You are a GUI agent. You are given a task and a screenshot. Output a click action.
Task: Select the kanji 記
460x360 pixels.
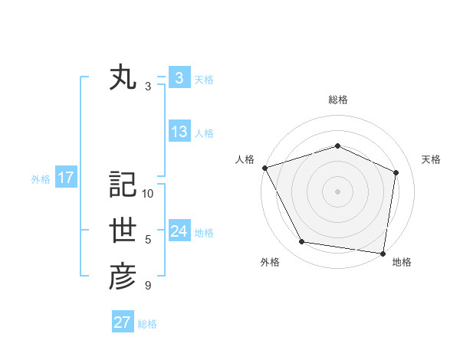123,184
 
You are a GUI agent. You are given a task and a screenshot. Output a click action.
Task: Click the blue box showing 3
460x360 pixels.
179,77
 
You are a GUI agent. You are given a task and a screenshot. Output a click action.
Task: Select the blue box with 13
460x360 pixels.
179,132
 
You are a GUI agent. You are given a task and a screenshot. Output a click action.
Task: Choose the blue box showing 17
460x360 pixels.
66,178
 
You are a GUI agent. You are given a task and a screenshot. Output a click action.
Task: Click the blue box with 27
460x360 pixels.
123,322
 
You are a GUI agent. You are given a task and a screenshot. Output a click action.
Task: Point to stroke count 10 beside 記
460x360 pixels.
148,193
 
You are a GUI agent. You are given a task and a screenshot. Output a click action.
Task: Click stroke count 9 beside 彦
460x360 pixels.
148,286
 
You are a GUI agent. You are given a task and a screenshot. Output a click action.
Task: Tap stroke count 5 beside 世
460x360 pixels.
148,240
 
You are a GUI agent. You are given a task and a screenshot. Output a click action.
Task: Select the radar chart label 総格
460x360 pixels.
337,100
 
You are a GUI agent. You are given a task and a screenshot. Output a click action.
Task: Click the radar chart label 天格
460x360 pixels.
431,159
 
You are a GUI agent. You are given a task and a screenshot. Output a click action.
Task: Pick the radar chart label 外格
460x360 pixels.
270,262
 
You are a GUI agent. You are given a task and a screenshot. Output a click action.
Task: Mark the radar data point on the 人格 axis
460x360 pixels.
264,168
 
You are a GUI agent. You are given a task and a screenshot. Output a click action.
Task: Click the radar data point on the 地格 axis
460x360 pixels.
383,253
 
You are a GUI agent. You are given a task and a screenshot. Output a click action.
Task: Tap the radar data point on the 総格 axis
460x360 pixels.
337,146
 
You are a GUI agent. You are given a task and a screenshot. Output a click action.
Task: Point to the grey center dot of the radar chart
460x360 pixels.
337,191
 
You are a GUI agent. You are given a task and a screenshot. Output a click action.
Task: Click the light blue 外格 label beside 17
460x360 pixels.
41,179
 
